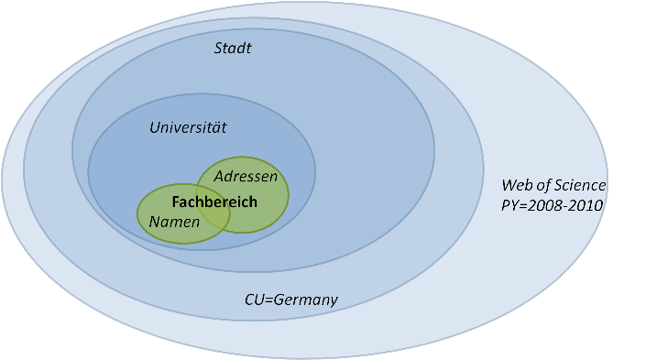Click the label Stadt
point(233,48)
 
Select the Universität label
point(188,128)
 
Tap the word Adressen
point(246,175)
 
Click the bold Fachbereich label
point(214,202)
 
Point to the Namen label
point(174,222)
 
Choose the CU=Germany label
point(291,300)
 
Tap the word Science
point(582,186)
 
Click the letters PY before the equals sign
point(510,205)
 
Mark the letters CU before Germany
point(254,300)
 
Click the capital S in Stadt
point(219,48)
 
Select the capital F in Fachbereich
point(175,202)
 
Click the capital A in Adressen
point(219,175)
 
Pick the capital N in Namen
point(155,222)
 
